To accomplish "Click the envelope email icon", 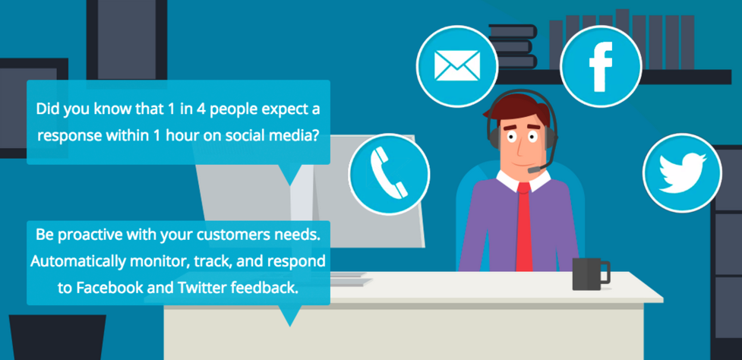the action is tap(456, 65).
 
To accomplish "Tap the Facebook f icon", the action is tap(601, 66).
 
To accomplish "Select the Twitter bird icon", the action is tap(682, 172).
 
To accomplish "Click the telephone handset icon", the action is tap(389, 172).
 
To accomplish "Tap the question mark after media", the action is tap(312, 135).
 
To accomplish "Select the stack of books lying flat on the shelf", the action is tap(513, 47).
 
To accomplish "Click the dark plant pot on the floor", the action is tap(57, 337).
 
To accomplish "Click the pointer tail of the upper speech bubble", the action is tap(289, 174).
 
